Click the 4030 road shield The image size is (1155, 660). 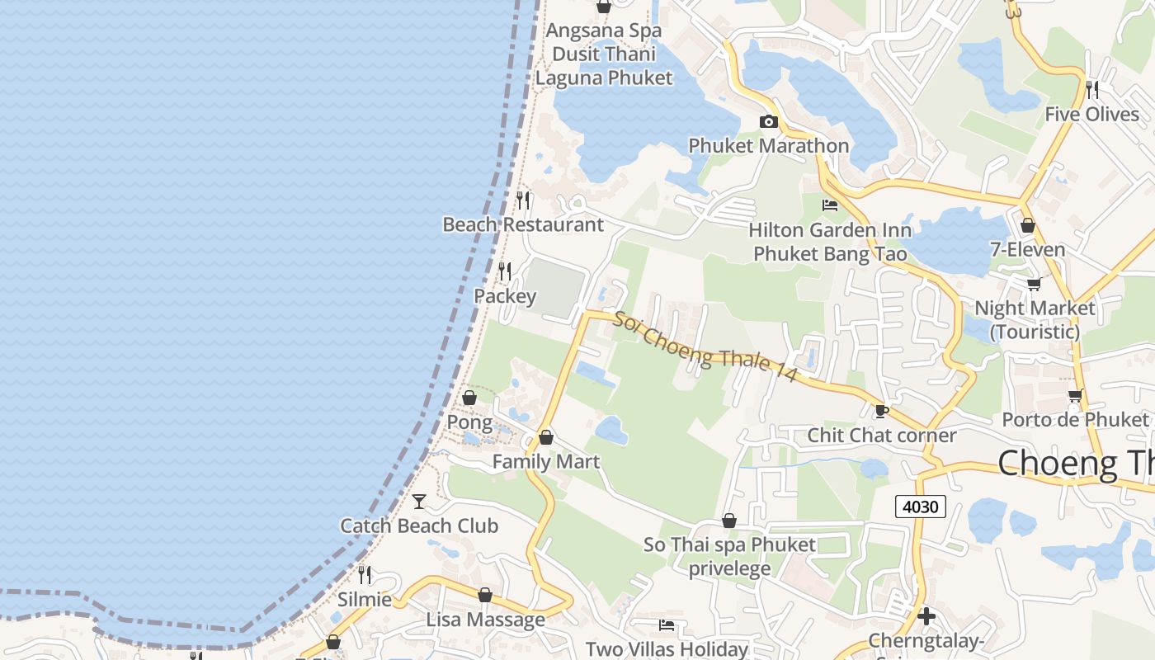pyautogui.click(x=920, y=506)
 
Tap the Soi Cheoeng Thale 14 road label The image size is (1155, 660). pyautogui.click(x=704, y=346)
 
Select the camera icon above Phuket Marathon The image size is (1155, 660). pyautogui.click(x=768, y=122)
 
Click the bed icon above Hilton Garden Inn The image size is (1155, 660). pyautogui.click(x=830, y=205)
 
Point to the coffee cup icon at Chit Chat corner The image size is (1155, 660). pyautogui.click(x=881, y=411)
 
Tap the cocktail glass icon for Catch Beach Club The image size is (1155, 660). pyautogui.click(x=419, y=501)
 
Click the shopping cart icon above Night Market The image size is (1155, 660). pyautogui.click(x=1034, y=285)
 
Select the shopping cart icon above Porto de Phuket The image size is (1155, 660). pyautogui.click(x=1075, y=396)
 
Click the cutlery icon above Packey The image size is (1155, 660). pyautogui.click(x=505, y=271)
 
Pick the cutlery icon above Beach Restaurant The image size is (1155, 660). pyautogui.click(x=523, y=200)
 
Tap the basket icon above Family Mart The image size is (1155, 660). pyautogui.click(x=545, y=437)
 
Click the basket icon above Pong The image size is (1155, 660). pyautogui.click(x=469, y=398)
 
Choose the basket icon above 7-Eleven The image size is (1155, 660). pyautogui.click(x=1027, y=225)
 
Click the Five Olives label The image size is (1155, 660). pyautogui.click(x=1091, y=114)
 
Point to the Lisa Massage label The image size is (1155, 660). pyautogui.click(x=485, y=619)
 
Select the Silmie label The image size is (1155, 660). pyautogui.click(x=364, y=599)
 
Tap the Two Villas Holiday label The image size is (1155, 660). pyautogui.click(x=667, y=649)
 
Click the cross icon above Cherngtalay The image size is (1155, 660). pyautogui.click(x=926, y=615)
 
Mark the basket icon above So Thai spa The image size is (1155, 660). pyautogui.click(x=728, y=521)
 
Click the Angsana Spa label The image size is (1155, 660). pyautogui.click(x=604, y=31)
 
